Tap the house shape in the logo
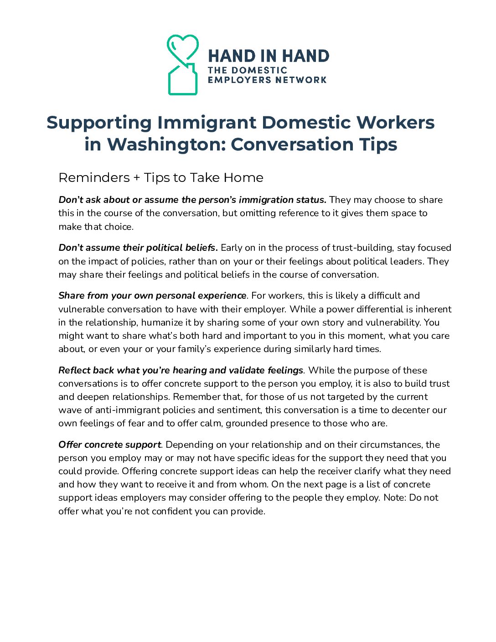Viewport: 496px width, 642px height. [182, 80]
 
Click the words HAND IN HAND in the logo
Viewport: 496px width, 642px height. [269, 56]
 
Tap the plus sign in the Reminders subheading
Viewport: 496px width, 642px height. [137, 177]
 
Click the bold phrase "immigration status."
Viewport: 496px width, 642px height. [282, 200]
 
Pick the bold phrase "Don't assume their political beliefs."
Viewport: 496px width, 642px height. [138, 248]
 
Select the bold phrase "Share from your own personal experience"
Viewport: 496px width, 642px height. [152, 295]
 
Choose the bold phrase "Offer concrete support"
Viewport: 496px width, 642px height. [109, 445]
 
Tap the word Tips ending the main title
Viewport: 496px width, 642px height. [378, 144]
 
